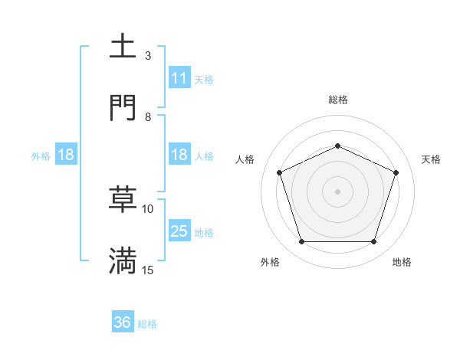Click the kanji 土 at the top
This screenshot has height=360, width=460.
click(123, 47)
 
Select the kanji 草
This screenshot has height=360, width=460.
click(123, 199)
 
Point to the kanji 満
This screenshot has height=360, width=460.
click(123, 260)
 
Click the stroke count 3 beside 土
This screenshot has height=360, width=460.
click(148, 56)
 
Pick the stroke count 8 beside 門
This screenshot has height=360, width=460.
click(148, 117)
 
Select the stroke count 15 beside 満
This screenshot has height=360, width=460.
click(148, 270)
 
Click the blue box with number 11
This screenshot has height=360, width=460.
click(179, 78)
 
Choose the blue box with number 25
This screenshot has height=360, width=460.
click(179, 231)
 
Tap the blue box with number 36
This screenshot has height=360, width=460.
click(123, 322)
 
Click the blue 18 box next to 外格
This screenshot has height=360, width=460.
click(65, 155)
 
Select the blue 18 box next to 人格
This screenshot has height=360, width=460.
click(179, 155)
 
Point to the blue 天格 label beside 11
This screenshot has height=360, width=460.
click(204, 79)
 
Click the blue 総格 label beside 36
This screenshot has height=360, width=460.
click(147, 323)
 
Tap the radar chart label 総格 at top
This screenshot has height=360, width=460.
click(337, 100)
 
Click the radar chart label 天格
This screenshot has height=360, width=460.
click(431, 159)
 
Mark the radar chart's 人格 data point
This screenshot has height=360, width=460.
click(279, 172)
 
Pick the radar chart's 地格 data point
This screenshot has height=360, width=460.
click(373, 242)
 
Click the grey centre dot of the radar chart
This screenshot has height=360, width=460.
click(337, 191)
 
